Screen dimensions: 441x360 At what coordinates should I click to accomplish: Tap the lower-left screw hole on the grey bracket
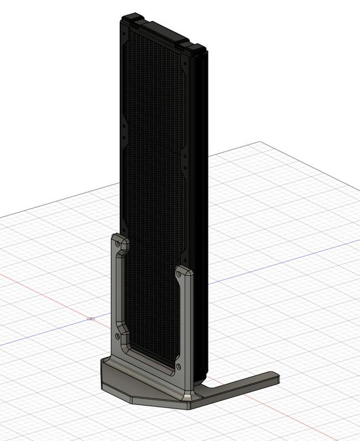coord(117,335)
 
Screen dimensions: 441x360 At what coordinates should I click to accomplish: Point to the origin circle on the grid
coord(91,319)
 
